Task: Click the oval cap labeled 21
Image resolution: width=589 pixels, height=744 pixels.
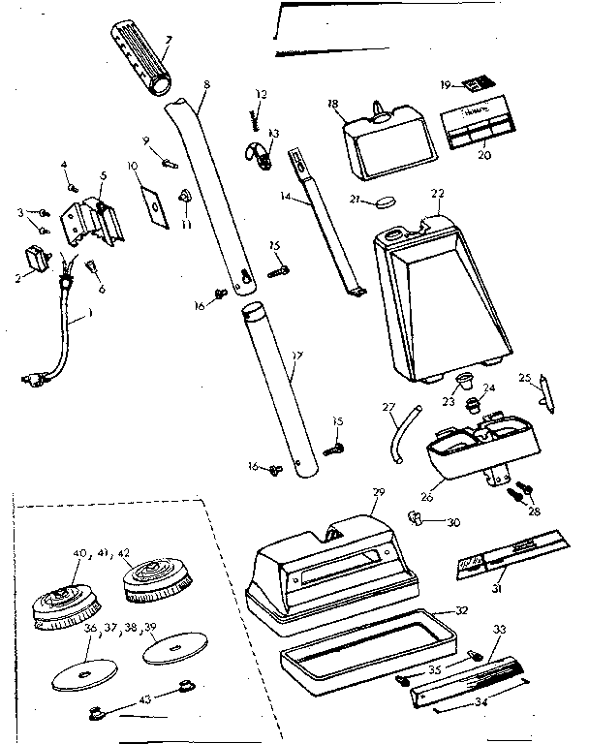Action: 385,201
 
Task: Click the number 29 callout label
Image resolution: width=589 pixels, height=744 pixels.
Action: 378,492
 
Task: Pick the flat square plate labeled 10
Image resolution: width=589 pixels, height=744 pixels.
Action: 154,206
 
